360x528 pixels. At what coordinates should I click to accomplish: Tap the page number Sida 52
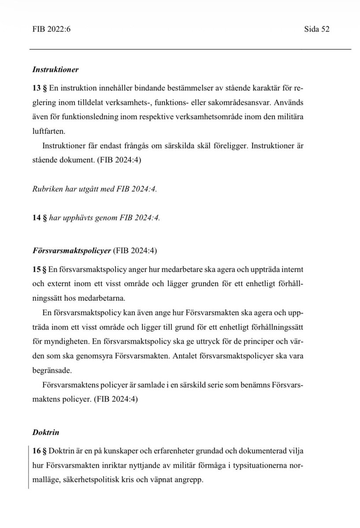317,30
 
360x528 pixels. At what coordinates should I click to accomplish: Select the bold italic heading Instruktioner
55,69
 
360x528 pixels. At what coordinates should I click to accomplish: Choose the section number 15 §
39,268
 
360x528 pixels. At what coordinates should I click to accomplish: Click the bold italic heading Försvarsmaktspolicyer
72,251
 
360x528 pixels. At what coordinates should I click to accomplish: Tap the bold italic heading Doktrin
46,432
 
